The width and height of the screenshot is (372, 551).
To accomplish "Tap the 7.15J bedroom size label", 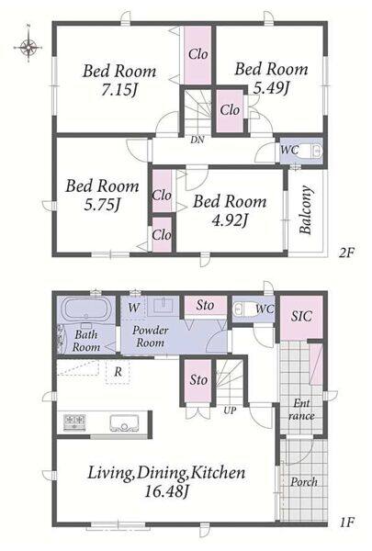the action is pyautogui.click(x=119, y=91).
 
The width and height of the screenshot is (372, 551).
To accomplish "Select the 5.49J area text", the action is pyautogui.click(x=271, y=88).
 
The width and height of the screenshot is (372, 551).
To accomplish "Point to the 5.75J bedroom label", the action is pyautogui.click(x=102, y=205).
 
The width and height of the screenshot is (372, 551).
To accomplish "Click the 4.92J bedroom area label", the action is pyautogui.click(x=230, y=220).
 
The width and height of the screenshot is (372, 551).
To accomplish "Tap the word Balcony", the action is pyautogui.click(x=306, y=209).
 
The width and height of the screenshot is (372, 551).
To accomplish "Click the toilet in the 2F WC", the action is pyautogui.click(x=314, y=152).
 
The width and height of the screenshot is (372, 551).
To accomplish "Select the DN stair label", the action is pyautogui.click(x=197, y=140).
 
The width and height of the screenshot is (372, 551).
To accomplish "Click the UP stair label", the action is pyautogui.click(x=230, y=410).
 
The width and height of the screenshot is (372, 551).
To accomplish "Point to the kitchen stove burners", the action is pyautogui.click(x=74, y=421).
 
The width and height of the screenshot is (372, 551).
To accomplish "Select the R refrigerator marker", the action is pyautogui.click(x=118, y=372).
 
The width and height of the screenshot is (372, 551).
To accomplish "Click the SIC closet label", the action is pyautogui.click(x=301, y=316).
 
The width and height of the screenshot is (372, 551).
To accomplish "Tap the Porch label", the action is pyautogui.click(x=304, y=482).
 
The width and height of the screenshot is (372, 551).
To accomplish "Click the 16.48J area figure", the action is pyautogui.click(x=165, y=492).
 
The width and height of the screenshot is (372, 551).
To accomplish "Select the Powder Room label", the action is pyautogui.click(x=150, y=337).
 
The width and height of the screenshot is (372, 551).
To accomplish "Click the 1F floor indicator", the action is pyautogui.click(x=346, y=523).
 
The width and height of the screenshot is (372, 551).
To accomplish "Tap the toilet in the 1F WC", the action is pyautogui.click(x=239, y=309).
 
